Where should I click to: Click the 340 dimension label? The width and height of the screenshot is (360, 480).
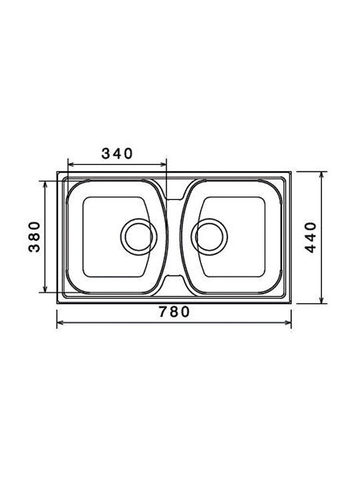pos(117,153)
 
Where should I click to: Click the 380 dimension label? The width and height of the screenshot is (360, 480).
pos(34,237)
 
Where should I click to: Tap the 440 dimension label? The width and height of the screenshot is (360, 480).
pos(310,237)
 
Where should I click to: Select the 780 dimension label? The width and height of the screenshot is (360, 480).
pos(174,311)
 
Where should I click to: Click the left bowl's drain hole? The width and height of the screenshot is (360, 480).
pos(139,237)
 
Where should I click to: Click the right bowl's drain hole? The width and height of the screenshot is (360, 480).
pos(209,237)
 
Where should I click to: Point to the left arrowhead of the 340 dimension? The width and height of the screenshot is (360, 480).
pos(71,165)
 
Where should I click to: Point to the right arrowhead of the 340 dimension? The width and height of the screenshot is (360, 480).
pos(163,165)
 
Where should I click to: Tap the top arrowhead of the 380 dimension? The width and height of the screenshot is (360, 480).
pos(45,184)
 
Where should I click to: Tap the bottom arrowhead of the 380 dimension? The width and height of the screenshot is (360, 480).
pos(45,289)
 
